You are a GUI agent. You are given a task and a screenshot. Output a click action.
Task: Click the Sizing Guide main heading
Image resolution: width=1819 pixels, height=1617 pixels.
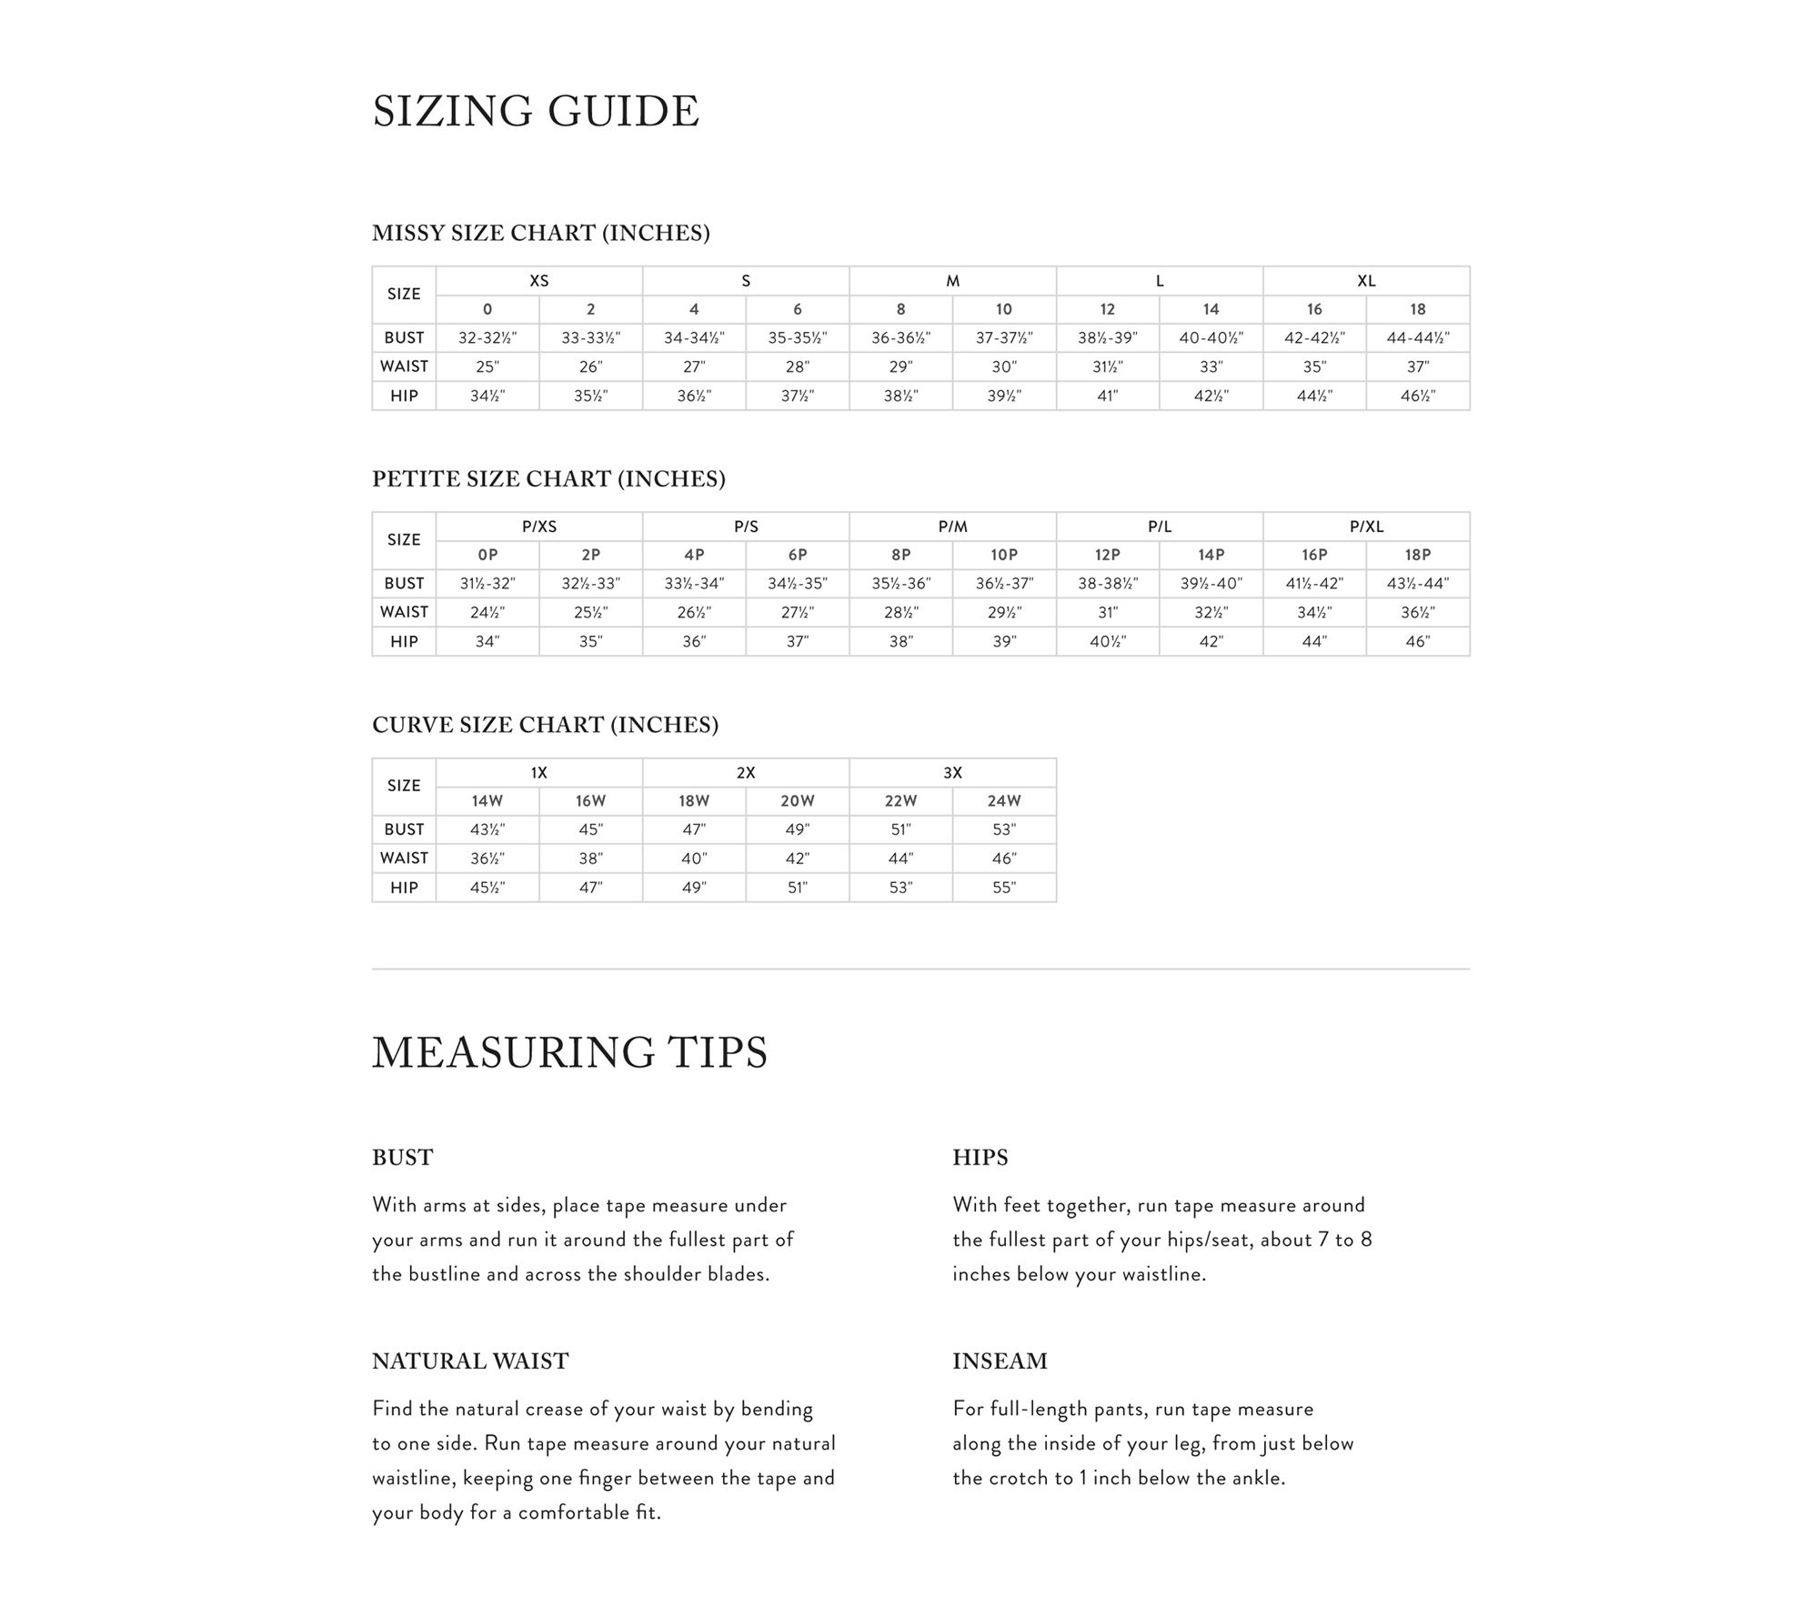(536, 112)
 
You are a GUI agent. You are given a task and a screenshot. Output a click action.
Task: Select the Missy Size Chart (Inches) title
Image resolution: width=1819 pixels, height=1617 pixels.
(540, 234)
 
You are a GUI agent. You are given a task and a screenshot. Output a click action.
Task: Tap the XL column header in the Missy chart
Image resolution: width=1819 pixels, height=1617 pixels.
(1366, 281)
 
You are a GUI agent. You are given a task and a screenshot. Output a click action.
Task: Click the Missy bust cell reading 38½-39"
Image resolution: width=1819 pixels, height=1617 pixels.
(1108, 338)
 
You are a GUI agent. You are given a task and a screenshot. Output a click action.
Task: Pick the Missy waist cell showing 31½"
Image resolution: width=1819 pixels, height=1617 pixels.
(1108, 367)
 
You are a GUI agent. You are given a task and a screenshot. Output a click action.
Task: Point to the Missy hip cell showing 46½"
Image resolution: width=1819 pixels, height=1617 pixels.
(1418, 397)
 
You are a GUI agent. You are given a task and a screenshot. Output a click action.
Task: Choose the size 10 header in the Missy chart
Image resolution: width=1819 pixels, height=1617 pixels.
(1004, 310)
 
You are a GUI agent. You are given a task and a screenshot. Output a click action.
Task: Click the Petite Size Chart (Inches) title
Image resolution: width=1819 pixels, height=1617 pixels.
(548, 479)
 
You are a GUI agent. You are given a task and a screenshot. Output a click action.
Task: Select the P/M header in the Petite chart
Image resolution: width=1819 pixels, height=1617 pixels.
(952, 527)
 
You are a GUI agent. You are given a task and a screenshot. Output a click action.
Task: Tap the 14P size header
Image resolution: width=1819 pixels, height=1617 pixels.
(1211, 556)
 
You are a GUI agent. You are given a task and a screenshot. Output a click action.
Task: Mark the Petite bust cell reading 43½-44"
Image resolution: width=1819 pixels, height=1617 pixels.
(1418, 584)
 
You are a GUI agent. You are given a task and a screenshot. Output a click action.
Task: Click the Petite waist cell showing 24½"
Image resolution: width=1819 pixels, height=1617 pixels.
(487, 613)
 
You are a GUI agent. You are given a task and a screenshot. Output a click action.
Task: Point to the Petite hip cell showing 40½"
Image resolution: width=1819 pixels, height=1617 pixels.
(1108, 642)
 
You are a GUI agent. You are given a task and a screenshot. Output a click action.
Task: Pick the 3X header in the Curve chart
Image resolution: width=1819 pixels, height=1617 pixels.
(952, 773)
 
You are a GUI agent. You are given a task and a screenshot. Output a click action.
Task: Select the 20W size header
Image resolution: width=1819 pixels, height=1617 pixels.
(798, 801)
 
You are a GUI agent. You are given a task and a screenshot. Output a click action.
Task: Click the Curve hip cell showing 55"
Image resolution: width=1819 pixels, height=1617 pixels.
(1004, 888)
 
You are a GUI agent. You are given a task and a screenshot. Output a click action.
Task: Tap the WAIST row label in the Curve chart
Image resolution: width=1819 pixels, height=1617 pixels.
(404, 859)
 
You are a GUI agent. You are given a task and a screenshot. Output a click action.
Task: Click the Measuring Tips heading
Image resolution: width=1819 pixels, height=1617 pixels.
(569, 1052)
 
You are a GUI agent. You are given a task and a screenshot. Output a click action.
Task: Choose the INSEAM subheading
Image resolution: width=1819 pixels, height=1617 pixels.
(1000, 1361)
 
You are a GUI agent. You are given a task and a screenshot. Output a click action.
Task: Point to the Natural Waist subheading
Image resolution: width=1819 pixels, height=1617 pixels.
(470, 1361)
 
